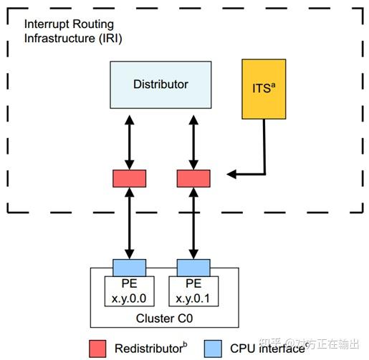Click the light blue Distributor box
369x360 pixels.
(x=160, y=84)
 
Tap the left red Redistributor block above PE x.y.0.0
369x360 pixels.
(x=129, y=178)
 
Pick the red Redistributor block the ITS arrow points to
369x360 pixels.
(x=193, y=178)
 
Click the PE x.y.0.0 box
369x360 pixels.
(x=129, y=290)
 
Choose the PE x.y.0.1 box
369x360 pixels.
(x=193, y=290)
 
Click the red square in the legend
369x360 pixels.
(x=98, y=347)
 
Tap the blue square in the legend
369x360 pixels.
(x=213, y=347)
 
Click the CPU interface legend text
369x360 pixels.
(x=267, y=348)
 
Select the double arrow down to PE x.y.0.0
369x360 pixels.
(x=129, y=223)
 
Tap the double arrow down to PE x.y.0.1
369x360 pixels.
(x=193, y=223)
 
